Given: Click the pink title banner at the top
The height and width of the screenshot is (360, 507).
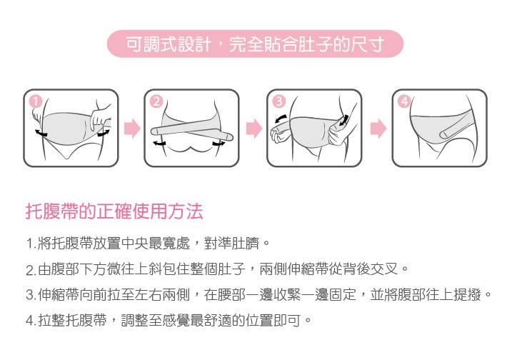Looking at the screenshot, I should tap(254, 44).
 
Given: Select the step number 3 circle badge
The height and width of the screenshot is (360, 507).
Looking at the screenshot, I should tap(278, 101).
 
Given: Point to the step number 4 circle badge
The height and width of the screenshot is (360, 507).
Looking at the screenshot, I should tap(405, 101).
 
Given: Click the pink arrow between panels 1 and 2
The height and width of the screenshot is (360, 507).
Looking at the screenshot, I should tap(131, 129).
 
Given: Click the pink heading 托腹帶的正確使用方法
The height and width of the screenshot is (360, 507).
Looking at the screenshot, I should tap(114, 211).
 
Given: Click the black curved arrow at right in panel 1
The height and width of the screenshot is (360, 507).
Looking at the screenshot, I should tap(104, 132).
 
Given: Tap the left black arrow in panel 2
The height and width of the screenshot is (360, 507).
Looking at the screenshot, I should tap(159, 144).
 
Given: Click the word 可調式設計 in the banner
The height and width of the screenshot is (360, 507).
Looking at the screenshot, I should tap(168, 45).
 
